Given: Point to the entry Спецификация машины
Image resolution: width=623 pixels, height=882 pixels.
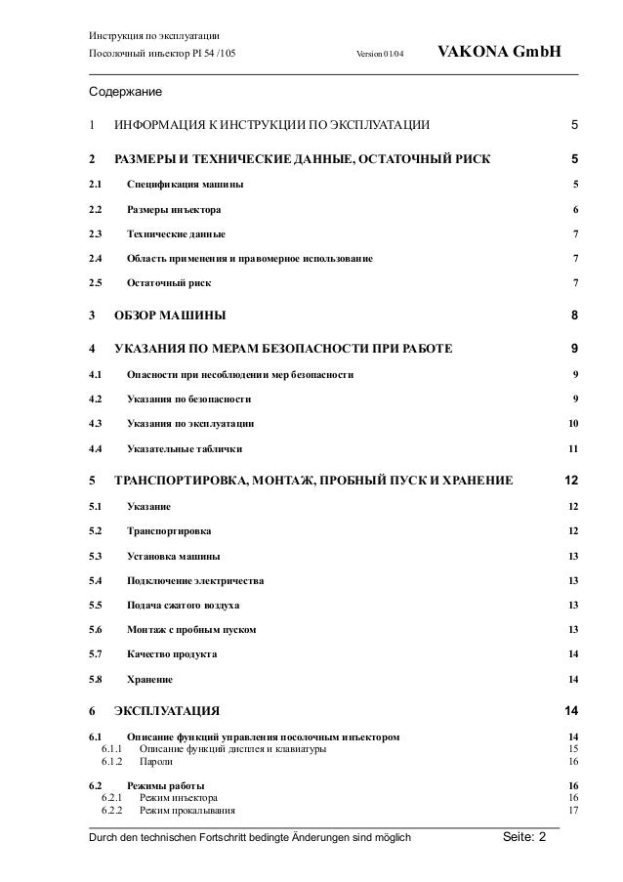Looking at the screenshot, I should [x=186, y=185].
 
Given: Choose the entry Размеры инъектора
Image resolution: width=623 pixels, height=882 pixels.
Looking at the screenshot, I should [x=174, y=210].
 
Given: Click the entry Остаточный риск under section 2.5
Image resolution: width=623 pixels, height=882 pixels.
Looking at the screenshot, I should [x=168, y=283].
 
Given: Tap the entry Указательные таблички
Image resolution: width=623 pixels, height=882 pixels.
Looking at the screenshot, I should [x=186, y=448].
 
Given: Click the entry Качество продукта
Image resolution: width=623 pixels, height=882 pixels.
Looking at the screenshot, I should [x=172, y=653].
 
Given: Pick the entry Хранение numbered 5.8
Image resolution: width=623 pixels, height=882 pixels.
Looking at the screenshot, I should [x=150, y=679].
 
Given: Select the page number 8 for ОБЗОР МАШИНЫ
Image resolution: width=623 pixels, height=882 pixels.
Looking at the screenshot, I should [x=575, y=315].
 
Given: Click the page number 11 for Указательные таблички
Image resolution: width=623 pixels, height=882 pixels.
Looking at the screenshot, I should [x=573, y=448].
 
